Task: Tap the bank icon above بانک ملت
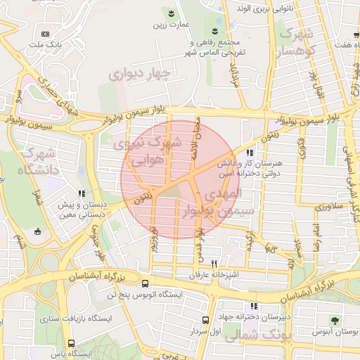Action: [46, 34]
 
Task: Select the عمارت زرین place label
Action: [170, 24]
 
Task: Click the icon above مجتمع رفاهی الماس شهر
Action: [216, 30]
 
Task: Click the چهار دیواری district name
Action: [140, 72]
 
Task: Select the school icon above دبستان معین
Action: [82, 193]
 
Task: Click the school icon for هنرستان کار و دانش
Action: [249, 153]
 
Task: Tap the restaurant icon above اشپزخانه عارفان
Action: [204, 263]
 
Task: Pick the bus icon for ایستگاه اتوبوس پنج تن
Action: [145, 284]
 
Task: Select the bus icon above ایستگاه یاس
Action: [89, 345]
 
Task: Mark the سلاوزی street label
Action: [328, 207]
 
